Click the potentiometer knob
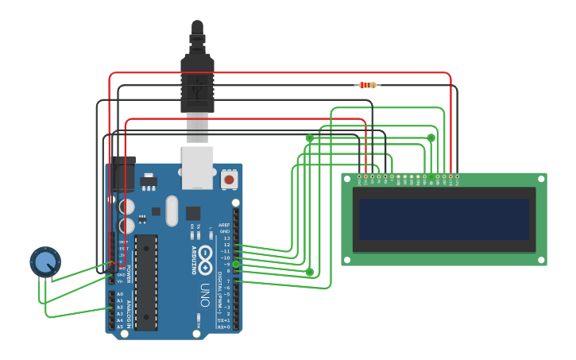(45, 261)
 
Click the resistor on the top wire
(367, 85)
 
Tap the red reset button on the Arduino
(229, 180)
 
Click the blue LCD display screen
(443, 219)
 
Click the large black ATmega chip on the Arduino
(145, 282)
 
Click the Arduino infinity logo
(205, 257)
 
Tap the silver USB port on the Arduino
(197, 167)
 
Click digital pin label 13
(226, 238)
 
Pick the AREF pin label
(226, 225)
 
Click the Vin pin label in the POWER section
(121, 281)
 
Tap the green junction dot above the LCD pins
(431, 137)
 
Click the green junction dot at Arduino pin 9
(235, 264)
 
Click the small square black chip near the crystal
(193, 213)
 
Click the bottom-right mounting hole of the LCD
(540, 258)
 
